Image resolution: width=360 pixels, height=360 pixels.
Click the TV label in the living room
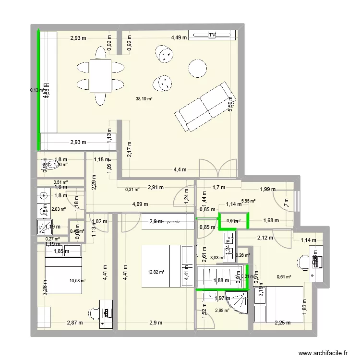point(212,35)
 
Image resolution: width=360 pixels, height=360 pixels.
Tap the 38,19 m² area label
point(144,99)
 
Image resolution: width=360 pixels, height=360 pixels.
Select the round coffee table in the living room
point(197,68)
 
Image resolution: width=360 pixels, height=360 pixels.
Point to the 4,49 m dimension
point(179,37)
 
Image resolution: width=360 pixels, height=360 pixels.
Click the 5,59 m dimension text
point(230,103)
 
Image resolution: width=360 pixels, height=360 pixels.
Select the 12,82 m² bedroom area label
point(156,272)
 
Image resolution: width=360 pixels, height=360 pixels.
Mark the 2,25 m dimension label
point(282,323)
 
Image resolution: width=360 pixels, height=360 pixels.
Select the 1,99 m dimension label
point(268,189)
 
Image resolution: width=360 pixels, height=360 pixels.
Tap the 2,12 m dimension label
point(265,237)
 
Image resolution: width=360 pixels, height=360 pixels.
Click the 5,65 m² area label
point(248,202)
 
